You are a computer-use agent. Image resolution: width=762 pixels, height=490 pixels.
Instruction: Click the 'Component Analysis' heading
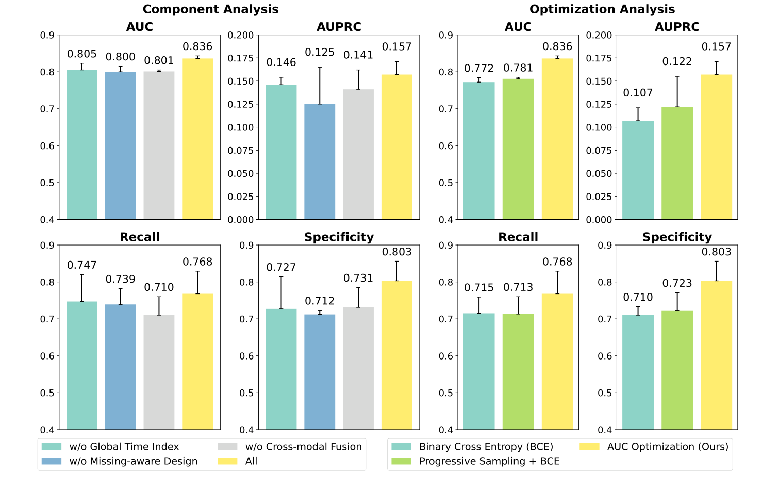coord(210,9)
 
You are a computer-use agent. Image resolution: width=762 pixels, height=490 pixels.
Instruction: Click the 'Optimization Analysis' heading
coord(602,9)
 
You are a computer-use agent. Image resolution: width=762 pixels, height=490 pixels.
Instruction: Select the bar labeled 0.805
coord(82,144)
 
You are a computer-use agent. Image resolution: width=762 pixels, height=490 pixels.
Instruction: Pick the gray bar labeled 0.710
coord(159,372)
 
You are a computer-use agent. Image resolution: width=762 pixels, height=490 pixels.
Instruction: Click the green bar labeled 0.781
coord(518,149)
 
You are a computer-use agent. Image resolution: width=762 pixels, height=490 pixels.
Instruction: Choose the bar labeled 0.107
coord(638,170)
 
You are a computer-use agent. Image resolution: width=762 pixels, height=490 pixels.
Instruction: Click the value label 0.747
coord(82,265)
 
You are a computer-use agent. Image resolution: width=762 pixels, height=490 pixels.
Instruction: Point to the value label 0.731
coord(358,278)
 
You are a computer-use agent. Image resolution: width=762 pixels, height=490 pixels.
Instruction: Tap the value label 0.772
coord(479,68)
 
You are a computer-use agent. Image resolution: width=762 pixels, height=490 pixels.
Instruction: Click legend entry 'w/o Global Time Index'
coord(124,447)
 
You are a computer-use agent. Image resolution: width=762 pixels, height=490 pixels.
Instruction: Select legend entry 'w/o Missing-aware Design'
coord(133,461)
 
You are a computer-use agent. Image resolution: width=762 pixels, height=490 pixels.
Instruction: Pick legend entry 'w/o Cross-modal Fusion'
coord(303,447)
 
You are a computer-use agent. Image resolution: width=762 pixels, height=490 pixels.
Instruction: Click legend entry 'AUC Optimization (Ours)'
coord(667,447)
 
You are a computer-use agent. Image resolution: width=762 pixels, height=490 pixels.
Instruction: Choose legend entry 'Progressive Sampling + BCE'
coord(489,461)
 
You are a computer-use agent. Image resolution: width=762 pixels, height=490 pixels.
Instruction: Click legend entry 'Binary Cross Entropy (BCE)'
coord(486,447)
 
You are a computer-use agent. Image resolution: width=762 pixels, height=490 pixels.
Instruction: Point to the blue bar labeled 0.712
coord(320,372)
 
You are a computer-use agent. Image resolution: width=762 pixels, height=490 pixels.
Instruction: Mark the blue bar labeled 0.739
coord(121,367)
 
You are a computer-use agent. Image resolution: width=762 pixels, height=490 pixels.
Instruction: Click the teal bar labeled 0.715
coord(479,371)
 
